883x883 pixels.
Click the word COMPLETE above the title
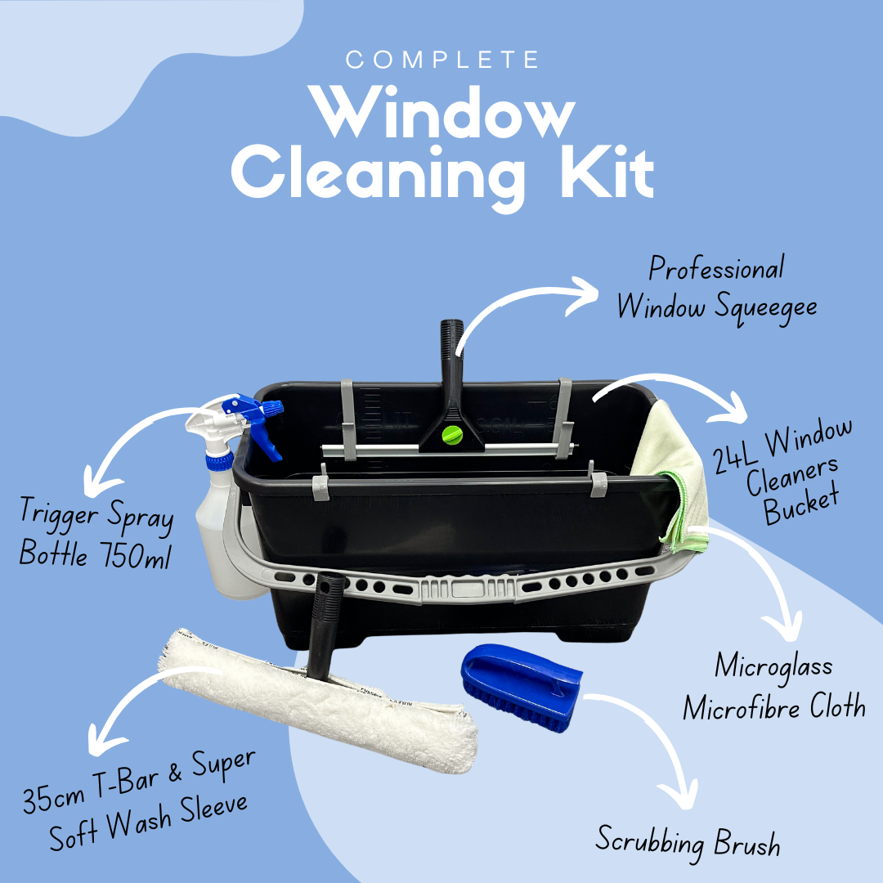coord(441,61)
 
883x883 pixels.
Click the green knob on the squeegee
coord(451,437)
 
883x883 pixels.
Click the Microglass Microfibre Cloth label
coord(773,687)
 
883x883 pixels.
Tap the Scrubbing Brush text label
coord(687,840)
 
